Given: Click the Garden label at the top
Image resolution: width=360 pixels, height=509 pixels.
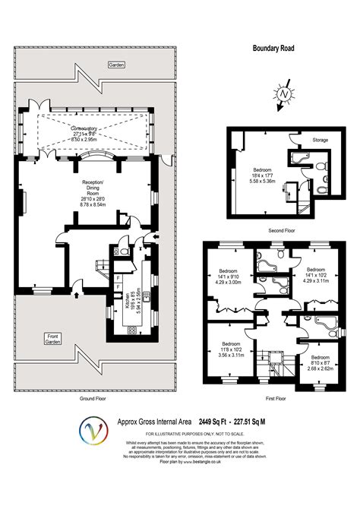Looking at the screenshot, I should click(115, 65).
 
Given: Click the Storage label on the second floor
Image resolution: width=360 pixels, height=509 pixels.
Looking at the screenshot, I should click(319, 140).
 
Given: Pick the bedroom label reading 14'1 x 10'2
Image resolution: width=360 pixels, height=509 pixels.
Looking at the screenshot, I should click(316, 275).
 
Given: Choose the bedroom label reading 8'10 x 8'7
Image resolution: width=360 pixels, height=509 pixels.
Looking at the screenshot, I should click(319, 362).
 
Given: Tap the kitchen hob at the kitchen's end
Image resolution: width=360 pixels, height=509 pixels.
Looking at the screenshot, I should click(131, 330).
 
